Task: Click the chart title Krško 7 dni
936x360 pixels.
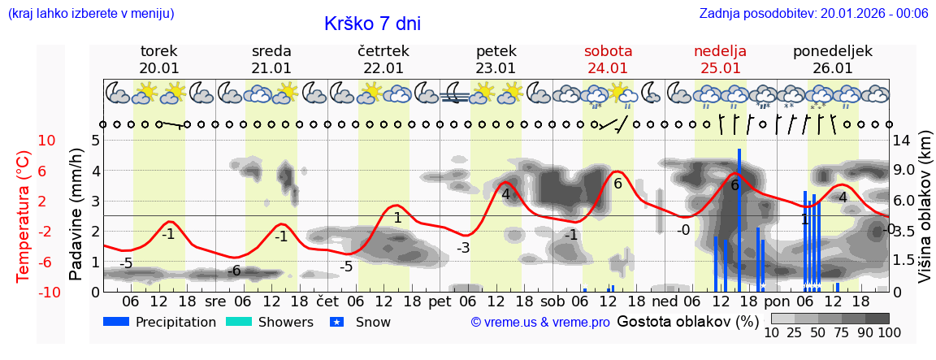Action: tap(372, 24)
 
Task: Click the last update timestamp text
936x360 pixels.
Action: tap(813, 13)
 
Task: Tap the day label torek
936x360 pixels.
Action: tap(158, 51)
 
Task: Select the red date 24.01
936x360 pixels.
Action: tap(608, 68)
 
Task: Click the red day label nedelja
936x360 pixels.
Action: tap(720, 51)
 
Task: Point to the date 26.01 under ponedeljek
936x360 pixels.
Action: tap(832, 68)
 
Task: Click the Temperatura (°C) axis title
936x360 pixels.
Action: tap(23, 217)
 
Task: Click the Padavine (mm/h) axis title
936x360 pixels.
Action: tap(76, 215)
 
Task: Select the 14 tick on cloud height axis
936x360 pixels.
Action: tap(901, 141)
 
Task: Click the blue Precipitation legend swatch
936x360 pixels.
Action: tap(116, 322)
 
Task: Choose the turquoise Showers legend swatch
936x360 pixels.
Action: tap(239, 322)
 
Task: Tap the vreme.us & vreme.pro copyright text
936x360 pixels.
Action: tap(539, 323)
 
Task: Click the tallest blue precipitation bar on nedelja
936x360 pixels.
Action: tap(739, 219)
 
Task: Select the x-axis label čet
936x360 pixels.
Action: tap(327, 300)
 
